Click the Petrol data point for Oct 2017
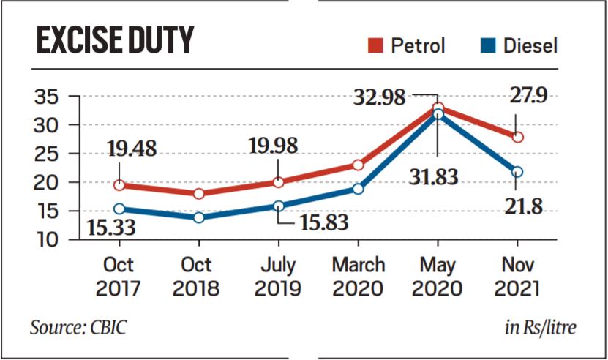click(119, 185)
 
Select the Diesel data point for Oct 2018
click(198, 217)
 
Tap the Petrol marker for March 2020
click(358, 165)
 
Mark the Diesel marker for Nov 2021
click(517, 172)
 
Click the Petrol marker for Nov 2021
click(517, 137)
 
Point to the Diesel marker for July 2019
click(278, 206)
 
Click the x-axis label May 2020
click(438, 277)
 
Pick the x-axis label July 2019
click(278, 277)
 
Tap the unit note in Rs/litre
click(540, 327)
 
